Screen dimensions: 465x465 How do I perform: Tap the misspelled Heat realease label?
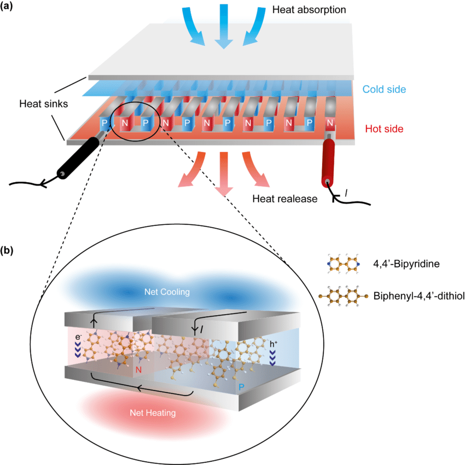pos(284,198)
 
